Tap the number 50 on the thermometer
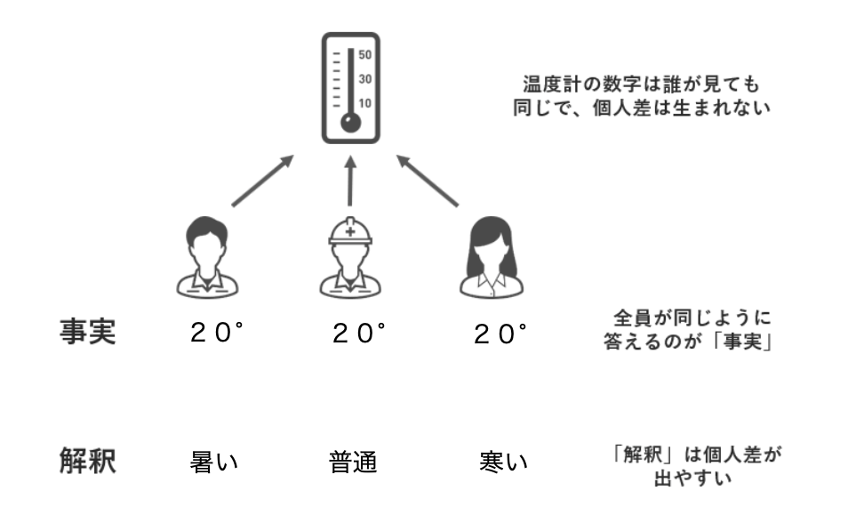coord(364,55)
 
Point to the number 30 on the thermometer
coord(364,79)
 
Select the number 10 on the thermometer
coord(364,103)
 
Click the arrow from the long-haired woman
coord(428,181)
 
